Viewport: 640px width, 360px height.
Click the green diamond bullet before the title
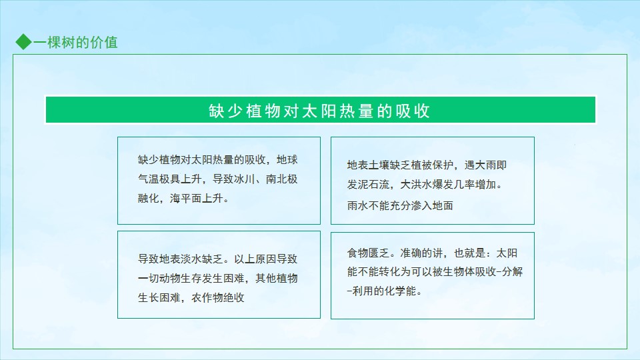pyautogui.click(x=24, y=41)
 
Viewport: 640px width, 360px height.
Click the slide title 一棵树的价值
pyautogui.click(x=75, y=42)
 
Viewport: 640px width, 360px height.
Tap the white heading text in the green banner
pyautogui.click(x=319, y=111)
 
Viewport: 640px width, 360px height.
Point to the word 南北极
pyautogui.click(x=281, y=179)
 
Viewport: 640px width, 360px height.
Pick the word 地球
pyautogui.click(x=287, y=159)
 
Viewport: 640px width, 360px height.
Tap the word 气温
pyautogui.click(x=149, y=179)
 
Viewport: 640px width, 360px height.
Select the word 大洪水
pyautogui.click(x=416, y=185)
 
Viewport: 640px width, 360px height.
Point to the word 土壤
pyautogui.click(x=379, y=165)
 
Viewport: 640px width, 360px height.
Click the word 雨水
pyautogui.click(x=357, y=206)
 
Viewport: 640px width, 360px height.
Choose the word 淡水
pyautogui.click(x=191, y=259)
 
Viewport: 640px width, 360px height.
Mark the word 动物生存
pyautogui.click(x=181, y=279)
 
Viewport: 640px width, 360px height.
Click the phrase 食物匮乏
pyautogui.click(x=368, y=253)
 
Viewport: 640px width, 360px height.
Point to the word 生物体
pyautogui.click(x=459, y=272)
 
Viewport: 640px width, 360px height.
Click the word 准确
pyautogui.click(x=411, y=253)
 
